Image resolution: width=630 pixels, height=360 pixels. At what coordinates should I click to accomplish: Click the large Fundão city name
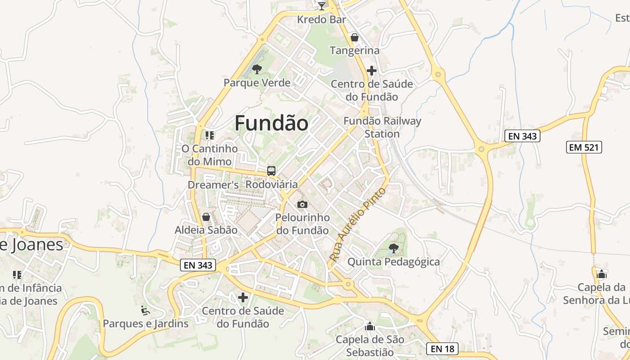pyautogui.click(x=271, y=123)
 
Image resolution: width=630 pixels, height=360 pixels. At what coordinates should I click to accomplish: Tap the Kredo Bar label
pyautogui.click(x=322, y=20)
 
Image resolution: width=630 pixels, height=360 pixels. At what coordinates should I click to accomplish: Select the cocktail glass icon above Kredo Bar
pyautogui.click(x=322, y=6)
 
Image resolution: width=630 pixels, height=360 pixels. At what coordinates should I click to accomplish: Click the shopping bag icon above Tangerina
pyautogui.click(x=355, y=37)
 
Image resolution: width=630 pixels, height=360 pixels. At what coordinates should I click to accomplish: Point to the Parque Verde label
pyautogui.click(x=257, y=83)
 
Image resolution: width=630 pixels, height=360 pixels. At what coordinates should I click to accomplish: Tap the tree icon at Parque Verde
pyautogui.click(x=257, y=69)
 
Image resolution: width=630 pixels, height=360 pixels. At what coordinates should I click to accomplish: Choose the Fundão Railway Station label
pyautogui.click(x=382, y=127)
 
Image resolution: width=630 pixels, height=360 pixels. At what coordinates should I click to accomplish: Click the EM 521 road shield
pyautogui.click(x=584, y=147)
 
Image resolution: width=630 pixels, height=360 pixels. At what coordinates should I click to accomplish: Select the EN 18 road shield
pyautogui.click(x=442, y=348)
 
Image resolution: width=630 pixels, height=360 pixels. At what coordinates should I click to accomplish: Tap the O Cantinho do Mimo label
pyautogui.click(x=210, y=155)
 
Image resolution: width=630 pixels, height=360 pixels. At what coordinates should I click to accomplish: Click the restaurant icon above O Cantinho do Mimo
pyautogui.click(x=210, y=135)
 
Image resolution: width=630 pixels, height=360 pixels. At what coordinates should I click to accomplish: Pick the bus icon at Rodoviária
pyautogui.click(x=271, y=171)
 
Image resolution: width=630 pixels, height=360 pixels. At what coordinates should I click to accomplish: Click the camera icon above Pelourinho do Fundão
pyautogui.click(x=302, y=205)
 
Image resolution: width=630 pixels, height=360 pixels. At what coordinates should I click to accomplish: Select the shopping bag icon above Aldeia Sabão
pyautogui.click(x=206, y=217)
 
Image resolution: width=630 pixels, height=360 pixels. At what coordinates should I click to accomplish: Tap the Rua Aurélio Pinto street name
pyautogui.click(x=358, y=225)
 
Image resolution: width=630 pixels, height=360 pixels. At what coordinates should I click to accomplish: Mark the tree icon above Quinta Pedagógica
pyautogui.click(x=393, y=248)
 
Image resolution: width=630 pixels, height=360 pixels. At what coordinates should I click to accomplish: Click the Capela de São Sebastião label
pyautogui.click(x=370, y=346)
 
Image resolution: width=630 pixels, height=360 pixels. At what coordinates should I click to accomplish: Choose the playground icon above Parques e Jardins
pyautogui.click(x=145, y=310)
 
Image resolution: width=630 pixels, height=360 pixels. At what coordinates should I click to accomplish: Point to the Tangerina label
pyautogui.click(x=355, y=50)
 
